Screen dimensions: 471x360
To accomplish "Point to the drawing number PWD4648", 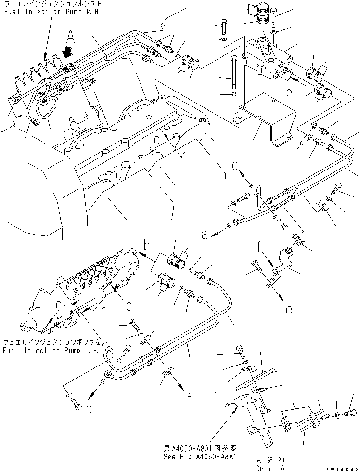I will [342, 467].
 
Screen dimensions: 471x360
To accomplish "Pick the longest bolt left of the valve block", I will [234, 72].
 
